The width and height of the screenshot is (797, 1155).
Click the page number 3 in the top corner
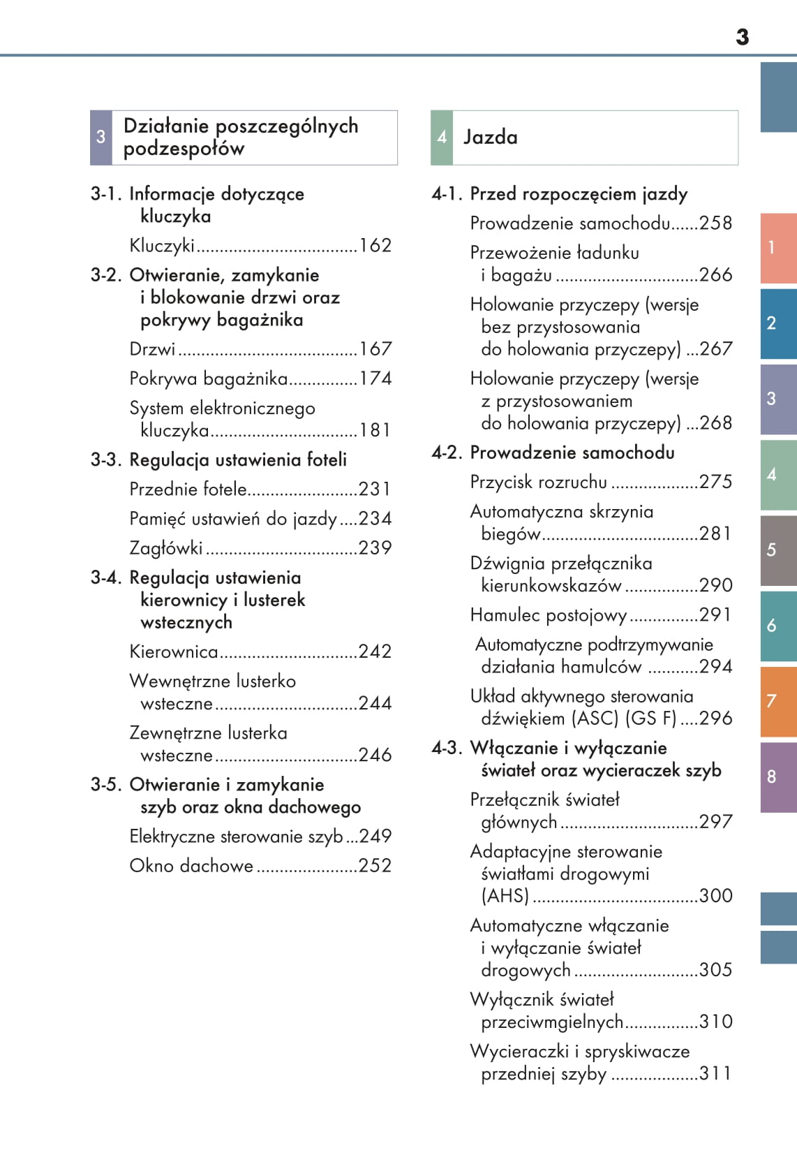(742, 37)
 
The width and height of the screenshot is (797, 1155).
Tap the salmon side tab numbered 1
(777, 248)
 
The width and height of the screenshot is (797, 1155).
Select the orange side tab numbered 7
(777, 701)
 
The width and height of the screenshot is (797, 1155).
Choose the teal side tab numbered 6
(777, 626)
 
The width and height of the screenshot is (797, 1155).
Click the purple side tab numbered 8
(777, 777)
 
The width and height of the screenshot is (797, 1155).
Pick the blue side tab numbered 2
(777, 323)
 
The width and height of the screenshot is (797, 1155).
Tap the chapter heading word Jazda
(491, 138)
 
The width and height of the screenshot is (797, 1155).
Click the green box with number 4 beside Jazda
(442, 138)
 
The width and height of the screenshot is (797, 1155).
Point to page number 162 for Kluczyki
(375, 246)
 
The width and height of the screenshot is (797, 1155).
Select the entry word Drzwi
(152, 349)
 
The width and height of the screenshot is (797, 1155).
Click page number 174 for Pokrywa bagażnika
(375, 378)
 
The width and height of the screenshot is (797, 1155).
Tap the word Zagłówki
(166, 548)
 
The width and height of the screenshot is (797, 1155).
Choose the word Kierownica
(174, 652)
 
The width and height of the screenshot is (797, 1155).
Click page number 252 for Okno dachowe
(375, 866)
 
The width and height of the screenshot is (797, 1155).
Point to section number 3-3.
(106, 460)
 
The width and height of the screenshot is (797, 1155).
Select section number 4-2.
(447, 453)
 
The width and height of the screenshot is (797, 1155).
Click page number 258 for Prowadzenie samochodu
(716, 223)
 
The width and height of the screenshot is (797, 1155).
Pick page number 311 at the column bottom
(716, 1073)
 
